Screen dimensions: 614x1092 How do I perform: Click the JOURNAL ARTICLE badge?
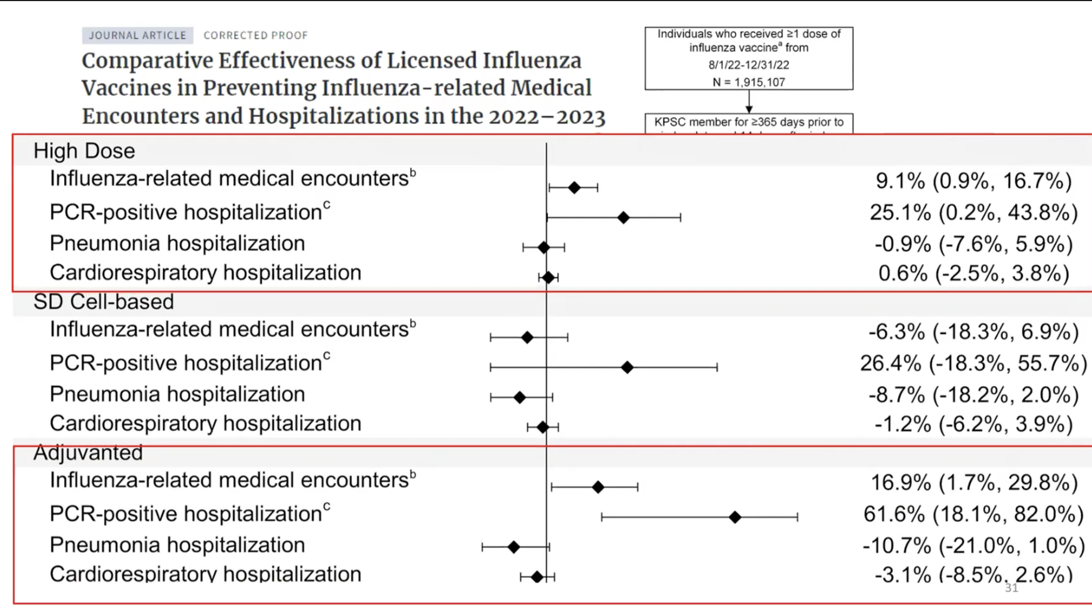tap(138, 35)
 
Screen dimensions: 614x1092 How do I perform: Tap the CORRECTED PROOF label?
tap(255, 35)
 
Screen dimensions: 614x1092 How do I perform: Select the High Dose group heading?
tap(84, 151)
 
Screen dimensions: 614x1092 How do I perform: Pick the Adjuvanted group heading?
tap(88, 452)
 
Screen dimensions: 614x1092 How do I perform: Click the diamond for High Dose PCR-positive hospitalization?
tap(623, 218)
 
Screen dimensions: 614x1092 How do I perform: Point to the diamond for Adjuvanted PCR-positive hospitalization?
tap(735, 517)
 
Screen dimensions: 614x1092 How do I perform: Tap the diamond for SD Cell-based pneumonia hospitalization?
tap(519, 397)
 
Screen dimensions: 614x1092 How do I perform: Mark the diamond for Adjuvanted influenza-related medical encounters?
tap(598, 487)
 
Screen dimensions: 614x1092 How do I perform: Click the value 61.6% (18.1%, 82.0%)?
tap(973, 514)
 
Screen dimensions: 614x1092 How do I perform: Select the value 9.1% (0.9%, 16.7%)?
tap(973, 181)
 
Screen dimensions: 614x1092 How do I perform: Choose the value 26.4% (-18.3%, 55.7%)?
tap(973, 363)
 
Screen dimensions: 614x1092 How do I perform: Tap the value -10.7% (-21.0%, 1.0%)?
tap(973, 545)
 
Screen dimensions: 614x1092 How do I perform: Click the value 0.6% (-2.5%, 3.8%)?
tap(973, 273)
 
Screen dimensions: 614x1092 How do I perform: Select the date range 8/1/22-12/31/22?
tap(749, 65)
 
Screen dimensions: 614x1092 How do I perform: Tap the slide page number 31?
tap(1012, 588)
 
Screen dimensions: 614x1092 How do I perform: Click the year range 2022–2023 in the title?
tap(547, 116)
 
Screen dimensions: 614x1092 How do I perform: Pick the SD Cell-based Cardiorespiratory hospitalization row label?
tap(205, 424)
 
